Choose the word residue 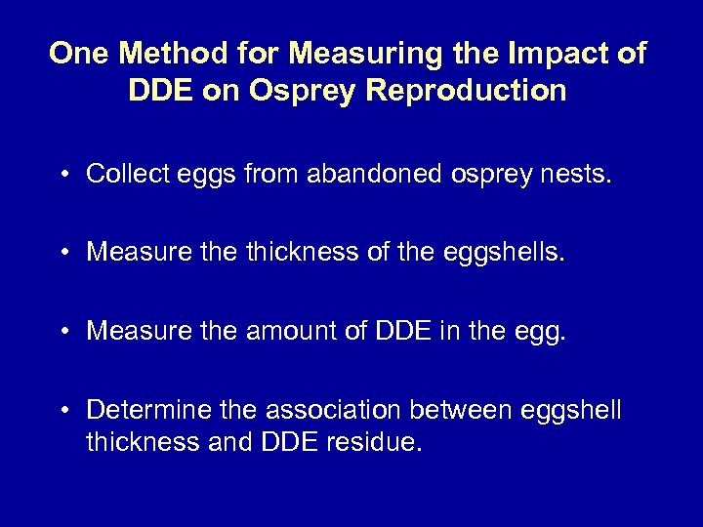coord(378,444)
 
